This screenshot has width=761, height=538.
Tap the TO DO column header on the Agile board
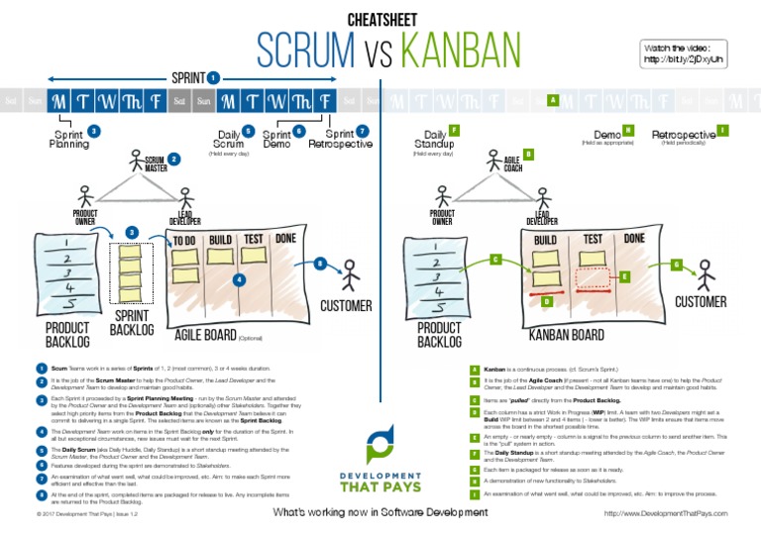point(185,240)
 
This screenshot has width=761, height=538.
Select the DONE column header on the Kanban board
point(635,239)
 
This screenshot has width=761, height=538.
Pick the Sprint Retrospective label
point(340,139)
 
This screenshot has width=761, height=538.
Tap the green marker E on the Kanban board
point(624,275)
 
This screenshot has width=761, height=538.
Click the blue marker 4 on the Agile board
point(239,280)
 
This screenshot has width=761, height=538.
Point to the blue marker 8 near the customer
point(320,264)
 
